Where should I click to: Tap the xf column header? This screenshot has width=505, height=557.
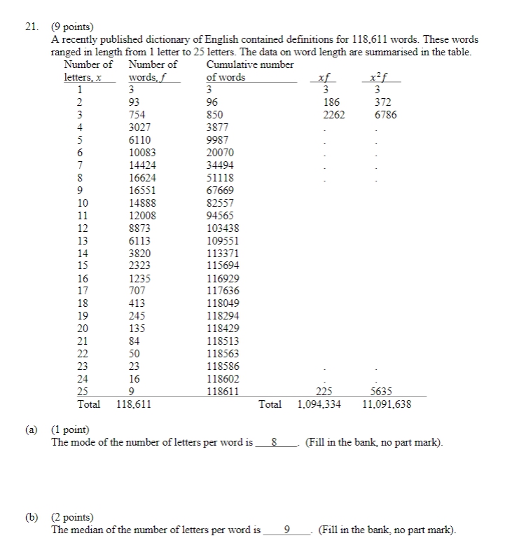click(324, 77)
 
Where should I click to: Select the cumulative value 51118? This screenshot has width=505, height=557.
click(221, 178)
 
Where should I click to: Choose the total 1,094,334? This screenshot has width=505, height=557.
click(319, 404)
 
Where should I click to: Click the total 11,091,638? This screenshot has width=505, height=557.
click(387, 404)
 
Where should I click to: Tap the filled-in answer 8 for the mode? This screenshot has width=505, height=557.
click(275, 443)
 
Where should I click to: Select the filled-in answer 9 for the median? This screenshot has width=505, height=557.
click(288, 530)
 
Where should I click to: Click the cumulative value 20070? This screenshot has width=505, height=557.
click(221, 153)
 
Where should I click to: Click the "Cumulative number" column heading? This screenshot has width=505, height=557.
click(250, 64)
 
